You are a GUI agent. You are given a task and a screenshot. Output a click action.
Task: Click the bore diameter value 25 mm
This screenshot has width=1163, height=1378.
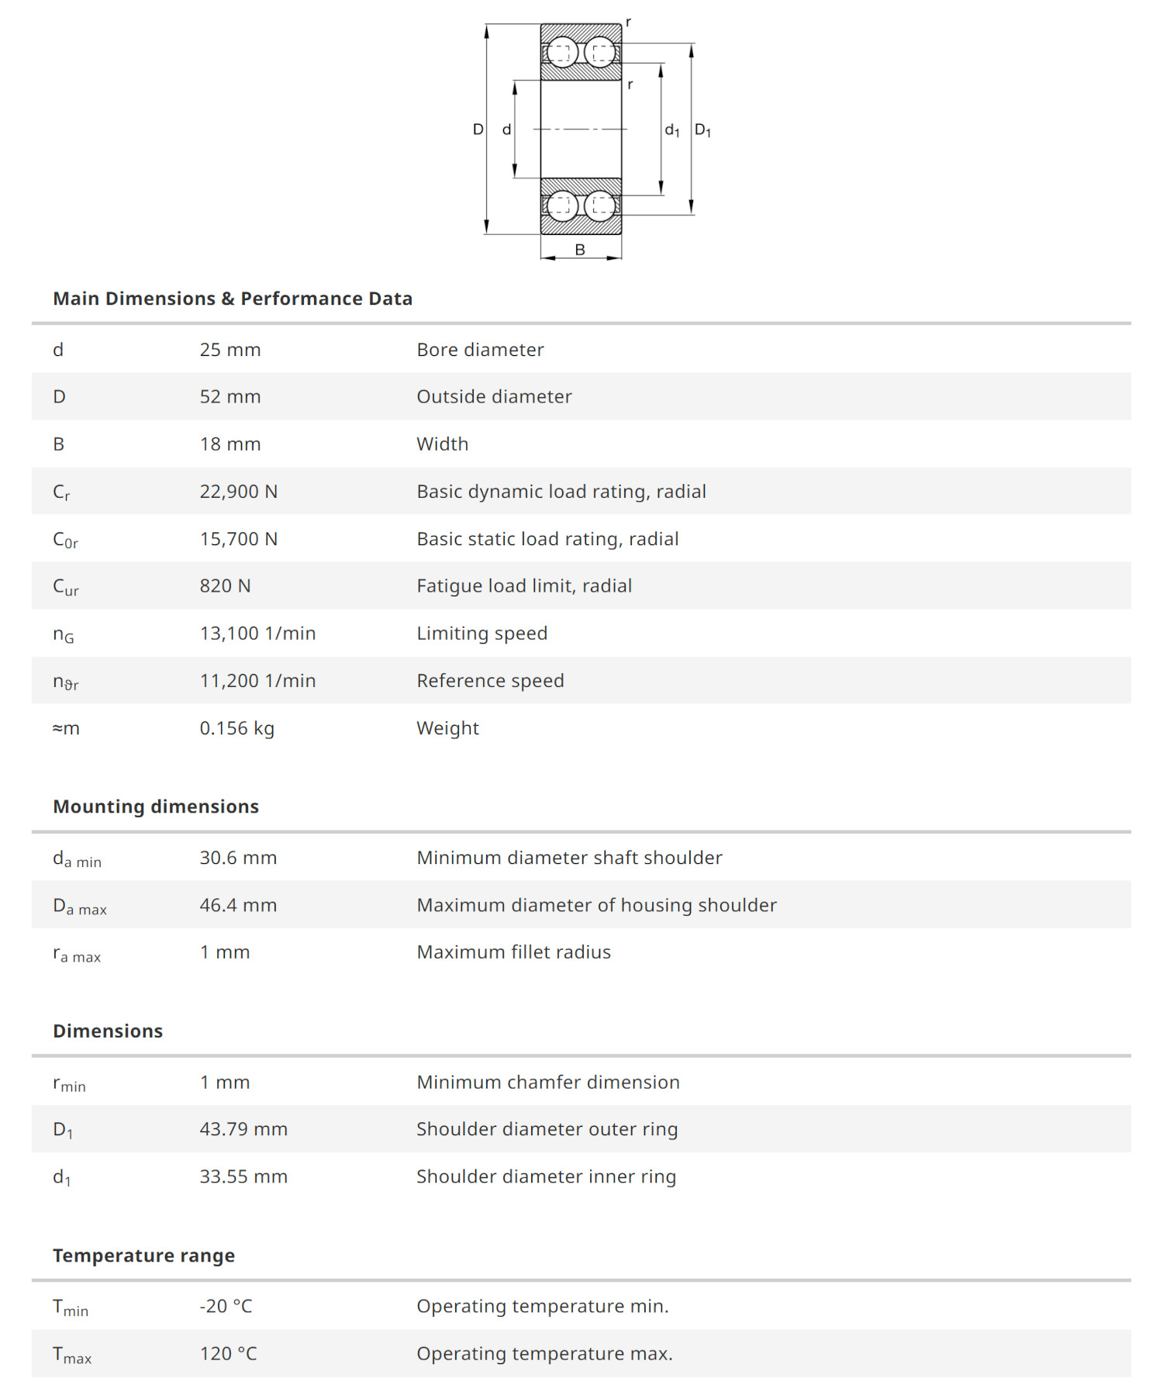pos(229,350)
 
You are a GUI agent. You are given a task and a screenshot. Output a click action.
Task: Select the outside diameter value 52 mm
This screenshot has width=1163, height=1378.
pos(229,397)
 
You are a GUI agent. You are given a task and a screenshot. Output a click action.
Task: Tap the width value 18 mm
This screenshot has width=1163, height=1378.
pos(229,444)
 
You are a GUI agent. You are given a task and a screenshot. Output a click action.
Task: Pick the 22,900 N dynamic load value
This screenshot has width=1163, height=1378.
pos(238,492)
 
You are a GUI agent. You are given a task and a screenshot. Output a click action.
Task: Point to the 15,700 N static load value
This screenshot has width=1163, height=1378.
pos(238,539)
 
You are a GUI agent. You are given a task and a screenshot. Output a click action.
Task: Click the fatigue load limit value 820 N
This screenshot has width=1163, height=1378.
pos(225,586)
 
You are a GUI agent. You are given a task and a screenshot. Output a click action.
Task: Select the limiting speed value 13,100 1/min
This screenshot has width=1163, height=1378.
pos(257,634)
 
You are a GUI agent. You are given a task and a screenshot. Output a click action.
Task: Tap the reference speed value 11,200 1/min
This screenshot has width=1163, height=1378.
pos(257,681)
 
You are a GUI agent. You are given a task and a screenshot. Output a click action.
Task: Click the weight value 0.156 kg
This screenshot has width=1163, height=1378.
pos(236,728)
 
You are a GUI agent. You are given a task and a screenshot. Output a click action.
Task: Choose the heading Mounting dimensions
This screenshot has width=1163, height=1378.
pos(156,806)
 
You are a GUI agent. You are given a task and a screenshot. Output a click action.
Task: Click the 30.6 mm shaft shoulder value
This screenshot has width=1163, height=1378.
pos(238,858)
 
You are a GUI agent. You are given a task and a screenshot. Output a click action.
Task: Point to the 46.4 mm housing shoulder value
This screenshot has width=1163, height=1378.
pos(238,905)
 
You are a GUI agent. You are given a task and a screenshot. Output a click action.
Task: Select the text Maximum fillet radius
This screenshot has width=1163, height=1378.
pos(513,952)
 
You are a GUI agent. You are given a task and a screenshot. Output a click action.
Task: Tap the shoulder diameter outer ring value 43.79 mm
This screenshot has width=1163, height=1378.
pos(243,1129)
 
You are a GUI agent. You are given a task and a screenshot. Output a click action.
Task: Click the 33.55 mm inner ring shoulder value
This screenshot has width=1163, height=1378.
pos(243,1176)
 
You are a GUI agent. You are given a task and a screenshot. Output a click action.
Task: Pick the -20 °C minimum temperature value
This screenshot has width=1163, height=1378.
pos(226,1307)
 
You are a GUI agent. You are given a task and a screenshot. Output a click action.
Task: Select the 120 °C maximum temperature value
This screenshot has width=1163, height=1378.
pos(228,1354)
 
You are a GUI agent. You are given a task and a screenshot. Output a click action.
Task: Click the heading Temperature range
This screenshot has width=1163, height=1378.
pos(143,1255)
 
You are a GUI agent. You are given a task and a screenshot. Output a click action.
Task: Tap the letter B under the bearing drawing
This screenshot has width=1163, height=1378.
pos(580,250)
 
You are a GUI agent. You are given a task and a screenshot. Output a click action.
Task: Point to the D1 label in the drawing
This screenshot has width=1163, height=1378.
pos(702,130)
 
